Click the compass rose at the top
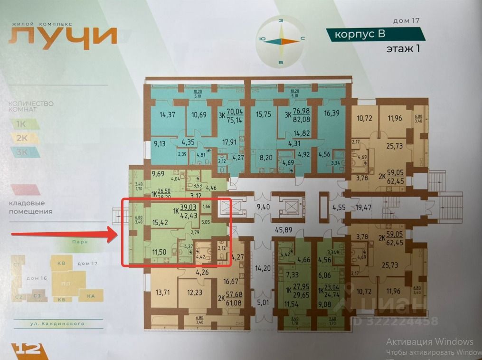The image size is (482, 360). [x=281, y=41]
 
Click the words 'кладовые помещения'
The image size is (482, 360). [x=30, y=208]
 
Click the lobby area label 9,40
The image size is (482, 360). [x=262, y=207]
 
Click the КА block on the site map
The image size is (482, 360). [x=91, y=296]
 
